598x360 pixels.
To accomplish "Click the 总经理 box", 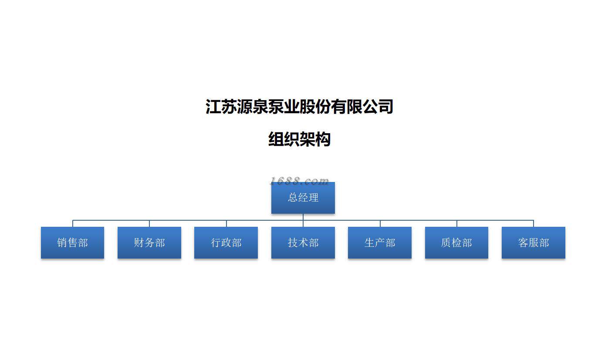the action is (x=303, y=198).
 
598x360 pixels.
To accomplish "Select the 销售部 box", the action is (x=72, y=242).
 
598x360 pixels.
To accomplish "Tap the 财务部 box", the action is (x=149, y=242).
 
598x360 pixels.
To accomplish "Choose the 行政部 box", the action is (x=226, y=242).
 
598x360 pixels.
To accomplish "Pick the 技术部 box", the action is (x=303, y=242).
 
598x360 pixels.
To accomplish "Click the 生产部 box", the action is (x=380, y=242).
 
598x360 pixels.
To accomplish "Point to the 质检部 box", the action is (x=456, y=242).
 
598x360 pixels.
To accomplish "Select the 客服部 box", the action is (x=533, y=242).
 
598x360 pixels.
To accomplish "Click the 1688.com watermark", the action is (x=299, y=180).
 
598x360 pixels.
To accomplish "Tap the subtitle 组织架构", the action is (x=299, y=139).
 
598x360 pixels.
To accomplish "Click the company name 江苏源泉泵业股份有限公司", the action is (x=299, y=107).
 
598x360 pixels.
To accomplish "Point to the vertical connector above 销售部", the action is (x=73, y=223).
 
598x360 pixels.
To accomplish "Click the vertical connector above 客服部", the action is (x=534, y=223).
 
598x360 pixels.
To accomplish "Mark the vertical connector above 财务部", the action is (x=149, y=223).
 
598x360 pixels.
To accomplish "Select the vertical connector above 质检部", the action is (x=457, y=223).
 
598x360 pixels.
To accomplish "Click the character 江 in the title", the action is (x=213, y=107).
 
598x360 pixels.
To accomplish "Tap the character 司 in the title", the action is (x=385, y=107).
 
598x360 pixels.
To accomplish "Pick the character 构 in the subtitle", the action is (x=323, y=139).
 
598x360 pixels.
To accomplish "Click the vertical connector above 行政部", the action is (x=226, y=223).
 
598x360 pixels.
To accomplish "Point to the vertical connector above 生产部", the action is (x=380, y=223).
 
